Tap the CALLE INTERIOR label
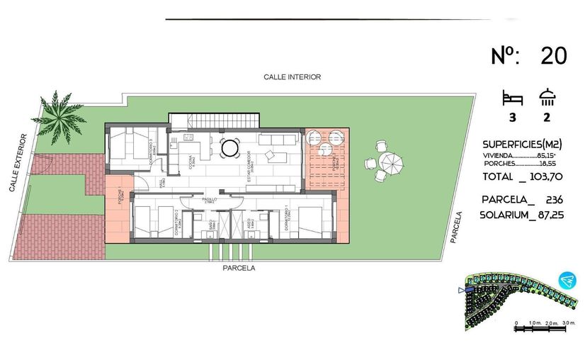coord(292,77)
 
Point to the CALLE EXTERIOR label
coord(19,162)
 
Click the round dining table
coord(230,148)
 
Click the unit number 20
coord(553,57)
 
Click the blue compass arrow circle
coord(565,281)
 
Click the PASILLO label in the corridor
coord(210,200)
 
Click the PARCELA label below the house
coord(239,269)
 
